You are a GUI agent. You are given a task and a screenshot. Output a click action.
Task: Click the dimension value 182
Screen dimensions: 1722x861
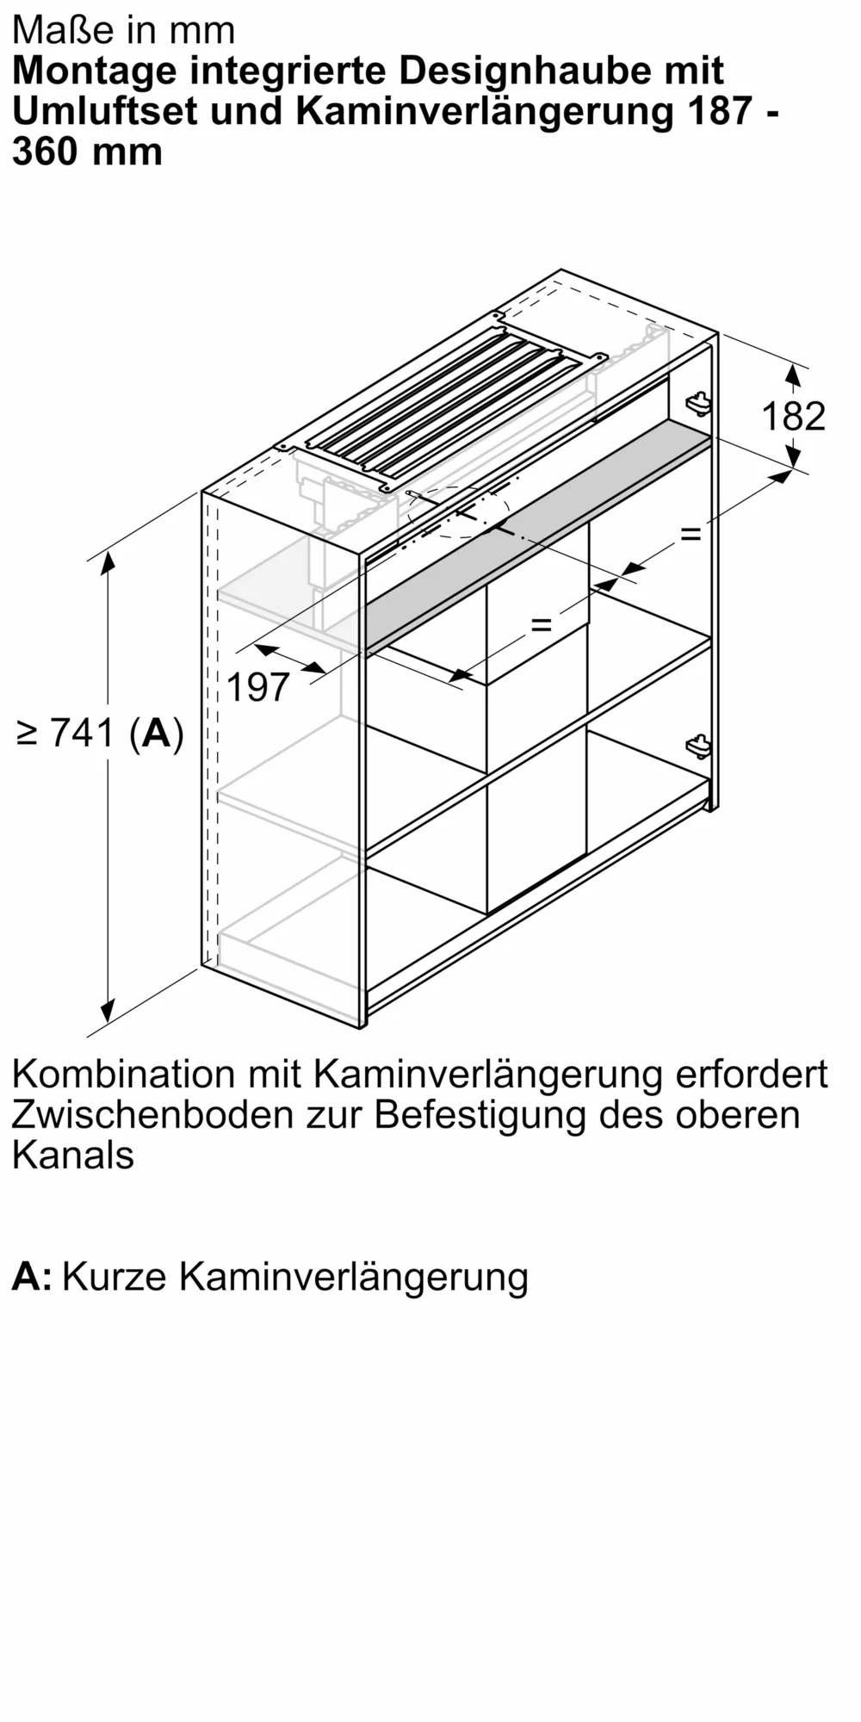(793, 417)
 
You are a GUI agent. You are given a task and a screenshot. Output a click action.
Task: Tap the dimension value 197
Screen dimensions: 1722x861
(258, 687)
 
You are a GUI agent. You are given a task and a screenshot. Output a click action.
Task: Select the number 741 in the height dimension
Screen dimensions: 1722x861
(83, 733)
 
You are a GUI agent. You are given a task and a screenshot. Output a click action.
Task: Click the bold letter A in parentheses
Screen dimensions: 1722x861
(157, 733)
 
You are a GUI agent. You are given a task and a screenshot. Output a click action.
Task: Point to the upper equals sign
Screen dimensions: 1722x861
(691, 534)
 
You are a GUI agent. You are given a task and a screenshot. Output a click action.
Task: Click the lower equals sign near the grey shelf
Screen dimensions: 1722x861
(541, 624)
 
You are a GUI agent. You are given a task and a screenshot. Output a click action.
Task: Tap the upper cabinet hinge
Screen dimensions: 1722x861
(698, 402)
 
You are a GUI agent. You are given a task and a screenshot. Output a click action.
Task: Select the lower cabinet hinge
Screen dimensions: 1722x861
(698, 746)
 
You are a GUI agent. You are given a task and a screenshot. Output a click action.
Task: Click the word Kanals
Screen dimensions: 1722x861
(73, 1155)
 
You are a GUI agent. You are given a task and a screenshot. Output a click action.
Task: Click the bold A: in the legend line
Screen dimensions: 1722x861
(32, 1276)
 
